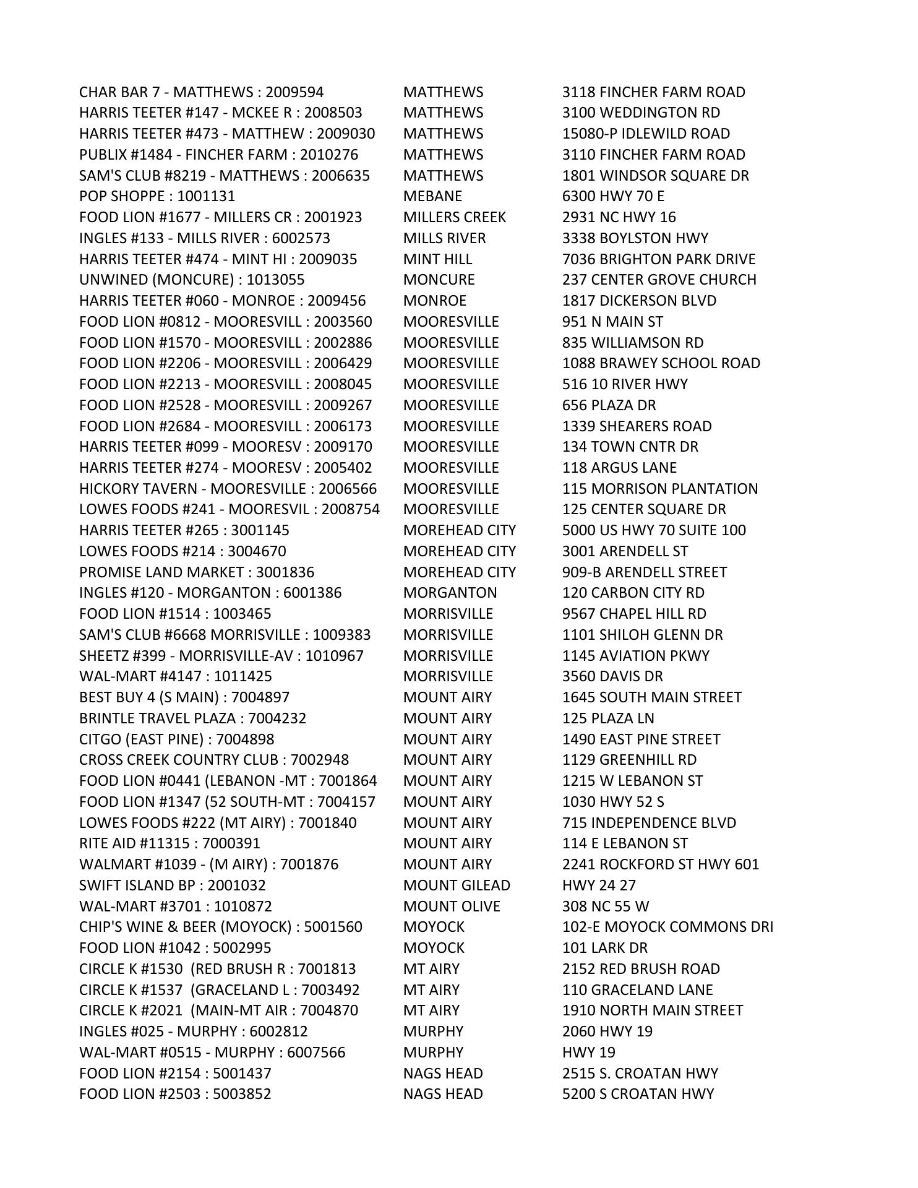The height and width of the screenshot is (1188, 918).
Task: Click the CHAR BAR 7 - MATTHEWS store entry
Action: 201,92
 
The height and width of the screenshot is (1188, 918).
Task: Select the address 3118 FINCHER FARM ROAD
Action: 653,92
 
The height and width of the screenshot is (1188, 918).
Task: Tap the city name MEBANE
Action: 432,196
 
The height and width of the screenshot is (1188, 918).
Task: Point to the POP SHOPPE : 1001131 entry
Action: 157,196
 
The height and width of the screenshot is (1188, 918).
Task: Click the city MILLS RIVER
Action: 444,238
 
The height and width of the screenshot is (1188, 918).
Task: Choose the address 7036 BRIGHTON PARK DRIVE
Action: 658,259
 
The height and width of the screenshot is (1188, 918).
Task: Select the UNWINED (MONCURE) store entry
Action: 192,280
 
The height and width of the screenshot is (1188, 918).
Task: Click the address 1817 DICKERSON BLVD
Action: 639,301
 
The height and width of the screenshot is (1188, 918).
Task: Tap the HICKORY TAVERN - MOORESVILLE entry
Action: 228,489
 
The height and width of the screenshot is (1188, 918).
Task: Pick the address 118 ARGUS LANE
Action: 619,468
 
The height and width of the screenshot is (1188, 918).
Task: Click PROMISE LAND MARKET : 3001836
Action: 197,572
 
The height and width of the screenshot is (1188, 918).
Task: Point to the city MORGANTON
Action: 450,593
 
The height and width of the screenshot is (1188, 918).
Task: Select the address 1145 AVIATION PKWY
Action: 635,656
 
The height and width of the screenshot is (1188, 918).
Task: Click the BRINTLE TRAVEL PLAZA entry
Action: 192,718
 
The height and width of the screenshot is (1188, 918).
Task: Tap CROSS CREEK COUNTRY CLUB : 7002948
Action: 214,760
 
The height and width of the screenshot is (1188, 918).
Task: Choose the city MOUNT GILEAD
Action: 457,885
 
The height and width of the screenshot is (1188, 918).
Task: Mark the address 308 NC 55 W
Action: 605,906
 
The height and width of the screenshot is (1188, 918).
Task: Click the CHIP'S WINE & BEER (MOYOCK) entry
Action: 220,927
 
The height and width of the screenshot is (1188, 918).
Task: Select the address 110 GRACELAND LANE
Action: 637,990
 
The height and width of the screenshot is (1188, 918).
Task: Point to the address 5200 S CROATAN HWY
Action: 638,1094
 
